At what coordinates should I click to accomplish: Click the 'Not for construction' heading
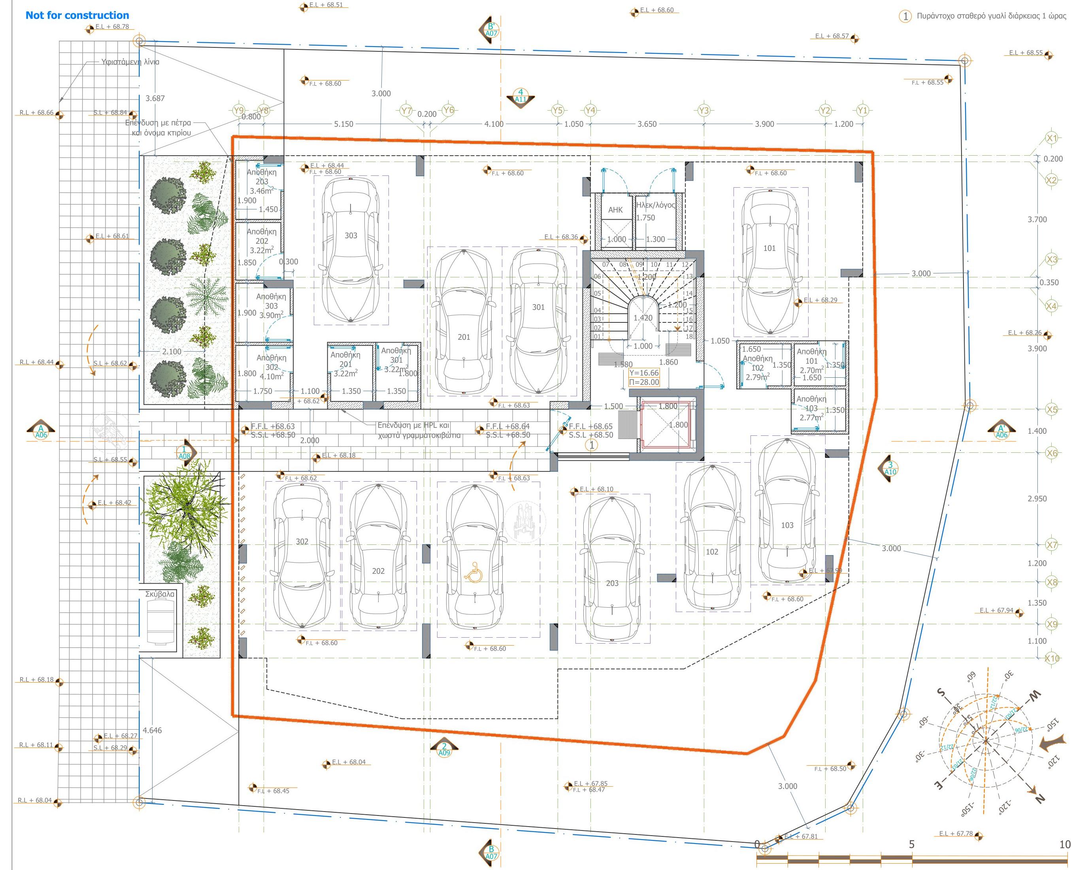coord(77,15)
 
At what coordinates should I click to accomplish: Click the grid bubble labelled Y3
coord(703,110)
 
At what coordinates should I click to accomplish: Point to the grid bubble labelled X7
coord(1052,545)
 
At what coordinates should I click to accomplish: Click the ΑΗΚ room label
coord(615,210)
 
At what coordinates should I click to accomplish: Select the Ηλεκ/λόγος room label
coord(655,205)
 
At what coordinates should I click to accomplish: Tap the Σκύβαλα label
coord(160,594)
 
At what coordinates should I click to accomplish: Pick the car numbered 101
coord(770,261)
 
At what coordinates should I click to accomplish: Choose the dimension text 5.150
coord(343,124)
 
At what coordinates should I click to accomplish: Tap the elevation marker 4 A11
coord(520,96)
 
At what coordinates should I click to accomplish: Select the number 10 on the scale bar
coord(1064,844)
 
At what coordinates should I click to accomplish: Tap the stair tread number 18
coord(689,336)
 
